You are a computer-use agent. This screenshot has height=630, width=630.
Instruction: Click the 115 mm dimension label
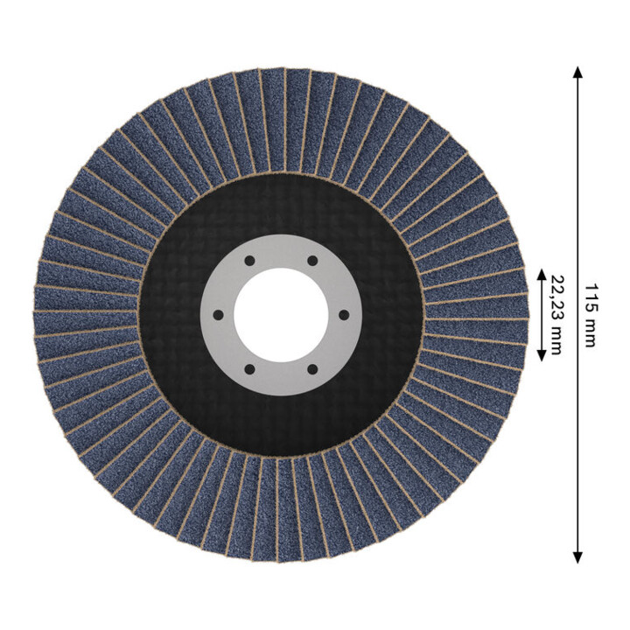(591, 315)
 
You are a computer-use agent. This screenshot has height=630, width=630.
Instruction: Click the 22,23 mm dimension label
(556, 315)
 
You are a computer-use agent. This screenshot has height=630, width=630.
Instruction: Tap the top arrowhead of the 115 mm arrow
(577, 73)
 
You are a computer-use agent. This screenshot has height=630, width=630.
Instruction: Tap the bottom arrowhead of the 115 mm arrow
(577, 557)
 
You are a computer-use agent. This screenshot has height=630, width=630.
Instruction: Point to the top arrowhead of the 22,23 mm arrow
(542, 275)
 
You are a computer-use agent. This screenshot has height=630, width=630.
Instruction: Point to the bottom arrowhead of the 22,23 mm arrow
(542, 355)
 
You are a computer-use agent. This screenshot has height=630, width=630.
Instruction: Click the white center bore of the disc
(281, 315)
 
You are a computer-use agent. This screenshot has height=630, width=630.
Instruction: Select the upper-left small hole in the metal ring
(249, 261)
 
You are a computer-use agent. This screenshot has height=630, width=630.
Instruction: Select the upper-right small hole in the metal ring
(312, 261)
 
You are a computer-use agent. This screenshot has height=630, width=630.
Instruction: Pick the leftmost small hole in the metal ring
(218, 315)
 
